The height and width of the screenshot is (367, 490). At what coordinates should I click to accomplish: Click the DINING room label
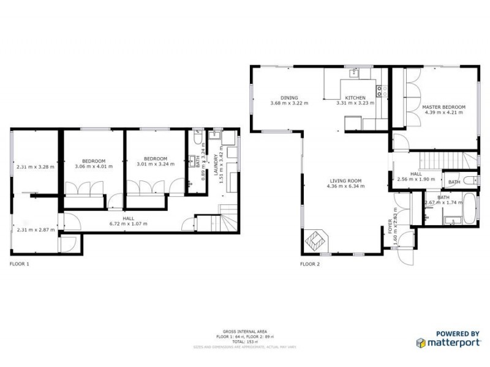pos(289,98)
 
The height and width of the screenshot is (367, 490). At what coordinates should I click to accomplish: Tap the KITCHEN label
pos(355,98)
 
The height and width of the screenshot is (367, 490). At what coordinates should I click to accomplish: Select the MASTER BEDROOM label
pos(444,107)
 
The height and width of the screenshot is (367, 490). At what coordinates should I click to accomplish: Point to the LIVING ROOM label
pos(346,181)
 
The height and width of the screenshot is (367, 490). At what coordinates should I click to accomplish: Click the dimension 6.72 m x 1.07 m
pos(129,224)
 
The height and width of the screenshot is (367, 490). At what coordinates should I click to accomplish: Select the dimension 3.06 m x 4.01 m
pos(93,166)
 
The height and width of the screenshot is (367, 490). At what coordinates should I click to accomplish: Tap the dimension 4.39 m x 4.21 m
pos(444,113)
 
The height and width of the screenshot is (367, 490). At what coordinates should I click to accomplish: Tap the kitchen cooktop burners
pos(380,92)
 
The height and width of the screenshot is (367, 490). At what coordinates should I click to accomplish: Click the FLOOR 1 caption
pos(20,264)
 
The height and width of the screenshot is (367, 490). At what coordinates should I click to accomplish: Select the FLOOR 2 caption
pos(309,264)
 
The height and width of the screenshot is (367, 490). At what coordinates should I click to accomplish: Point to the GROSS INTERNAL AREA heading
pos(244,332)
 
